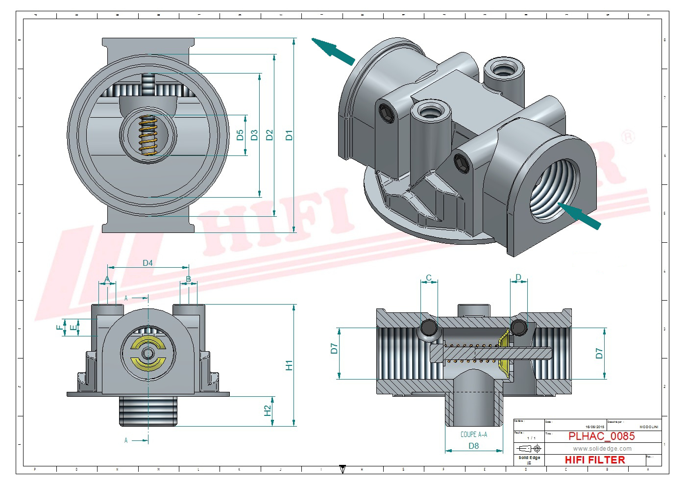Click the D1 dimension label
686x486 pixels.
289,135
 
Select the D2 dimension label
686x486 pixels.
269,135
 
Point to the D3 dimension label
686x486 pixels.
254,135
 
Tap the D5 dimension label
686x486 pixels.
240,135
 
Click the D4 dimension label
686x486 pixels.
147,263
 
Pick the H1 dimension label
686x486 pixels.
289,365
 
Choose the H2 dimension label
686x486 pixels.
268,410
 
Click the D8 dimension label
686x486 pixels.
473,446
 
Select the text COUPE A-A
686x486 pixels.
473,435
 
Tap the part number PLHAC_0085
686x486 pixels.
601,436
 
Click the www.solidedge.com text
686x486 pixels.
602,449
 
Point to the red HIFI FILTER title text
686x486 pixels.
595,460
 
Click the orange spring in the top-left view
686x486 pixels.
147,135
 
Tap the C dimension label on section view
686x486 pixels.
429,278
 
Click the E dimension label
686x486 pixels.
73,328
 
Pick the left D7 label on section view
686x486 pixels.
334,349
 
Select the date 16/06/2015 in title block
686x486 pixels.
595,427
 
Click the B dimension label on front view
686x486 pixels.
188,280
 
